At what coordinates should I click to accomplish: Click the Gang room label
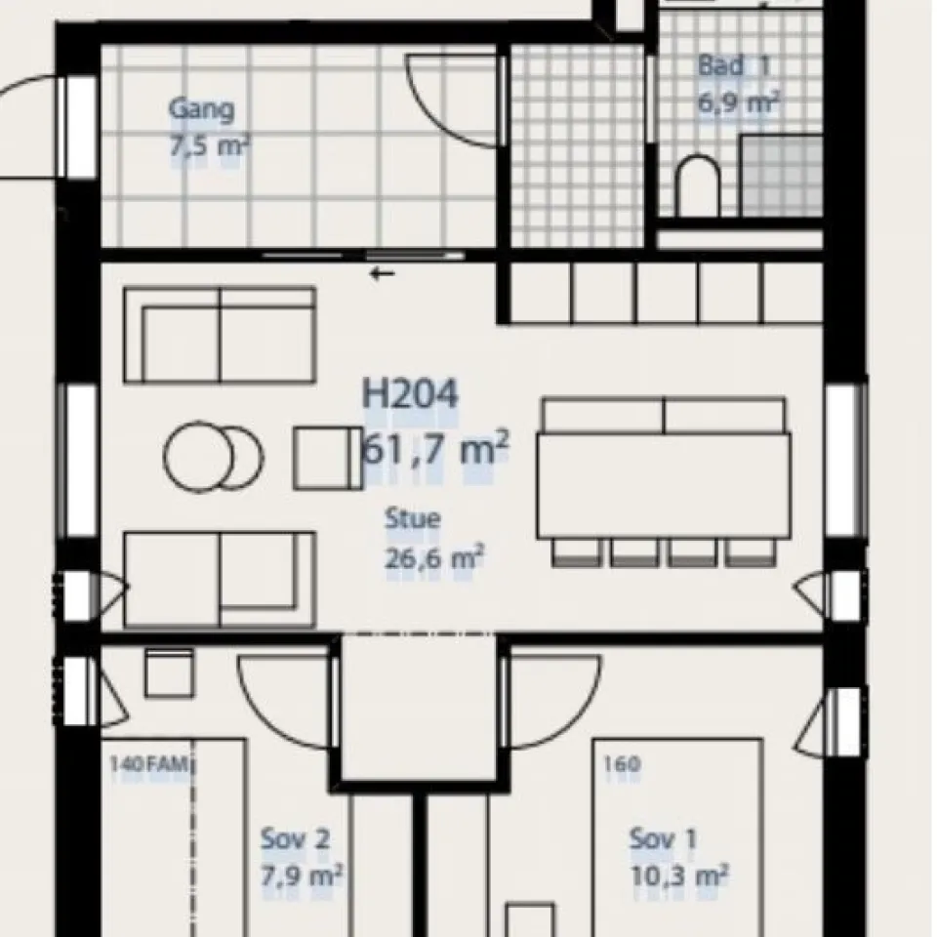coord(201,110)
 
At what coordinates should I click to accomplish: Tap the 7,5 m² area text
coord(209,146)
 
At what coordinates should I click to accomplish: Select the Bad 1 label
coord(734,65)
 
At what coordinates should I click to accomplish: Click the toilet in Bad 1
coord(698,185)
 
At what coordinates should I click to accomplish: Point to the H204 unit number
coord(411,394)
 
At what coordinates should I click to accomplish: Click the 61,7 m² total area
coord(436,449)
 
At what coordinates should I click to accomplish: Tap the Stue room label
coord(413,518)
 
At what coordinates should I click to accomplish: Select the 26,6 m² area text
coord(433,558)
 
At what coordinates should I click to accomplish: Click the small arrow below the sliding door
coord(383,274)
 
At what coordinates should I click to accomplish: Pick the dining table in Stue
coord(664,486)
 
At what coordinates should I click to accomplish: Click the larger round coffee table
coord(198,457)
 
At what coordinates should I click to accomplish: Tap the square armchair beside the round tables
coord(328,458)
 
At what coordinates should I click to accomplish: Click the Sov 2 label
coord(295,839)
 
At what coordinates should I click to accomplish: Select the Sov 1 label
coord(664,839)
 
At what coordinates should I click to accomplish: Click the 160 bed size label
coord(622,763)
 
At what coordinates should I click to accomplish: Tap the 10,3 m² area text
coord(679,876)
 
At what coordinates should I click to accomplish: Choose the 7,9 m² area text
coord(302,876)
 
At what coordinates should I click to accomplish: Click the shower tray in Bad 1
coord(782,176)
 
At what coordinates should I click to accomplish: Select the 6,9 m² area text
coord(739,102)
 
